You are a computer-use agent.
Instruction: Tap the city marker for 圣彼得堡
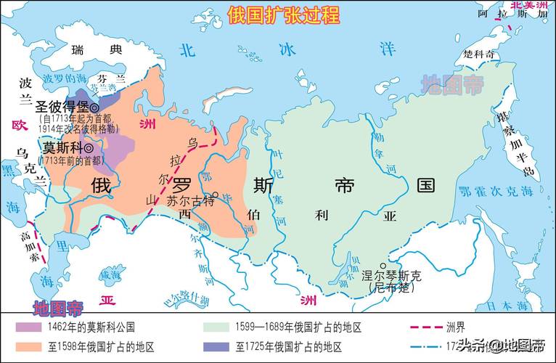pyautogui.click(x=94, y=107)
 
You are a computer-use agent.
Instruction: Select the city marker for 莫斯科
pyautogui.click(x=89, y=148)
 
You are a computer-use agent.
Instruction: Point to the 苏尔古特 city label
pyautogui.click(x=191, y=201)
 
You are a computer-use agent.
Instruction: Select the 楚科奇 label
pyautogui.click(x=479, y=54)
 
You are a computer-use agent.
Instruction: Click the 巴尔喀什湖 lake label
pyautogui.click(x=185, y=298)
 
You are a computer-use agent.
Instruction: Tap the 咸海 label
pyautogui.click(x=110, y=274)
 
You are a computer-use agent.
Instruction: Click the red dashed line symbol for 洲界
pyautogui.click(x=425, y=327)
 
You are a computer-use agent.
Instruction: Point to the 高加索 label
pyautogui.click(x=27, y=247)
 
